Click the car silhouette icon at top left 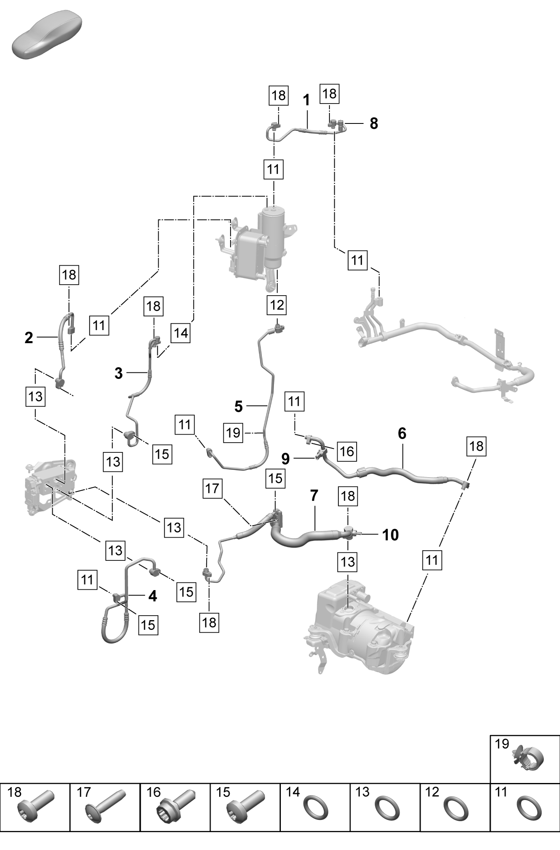(47, 36)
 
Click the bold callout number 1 (306, 100)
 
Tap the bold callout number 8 (374, 123)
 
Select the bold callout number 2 (29, 337)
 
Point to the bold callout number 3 (118, 373)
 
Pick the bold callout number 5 (239, 406)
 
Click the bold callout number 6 (402, 433)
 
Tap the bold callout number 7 (314, 495)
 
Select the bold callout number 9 (286, 459)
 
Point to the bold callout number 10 (390, 535)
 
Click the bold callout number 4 (153, 596)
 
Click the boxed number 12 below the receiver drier (277, 305)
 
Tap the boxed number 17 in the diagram (212, 488)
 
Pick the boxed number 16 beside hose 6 (347, 451)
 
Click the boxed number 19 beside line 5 (233, 433)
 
